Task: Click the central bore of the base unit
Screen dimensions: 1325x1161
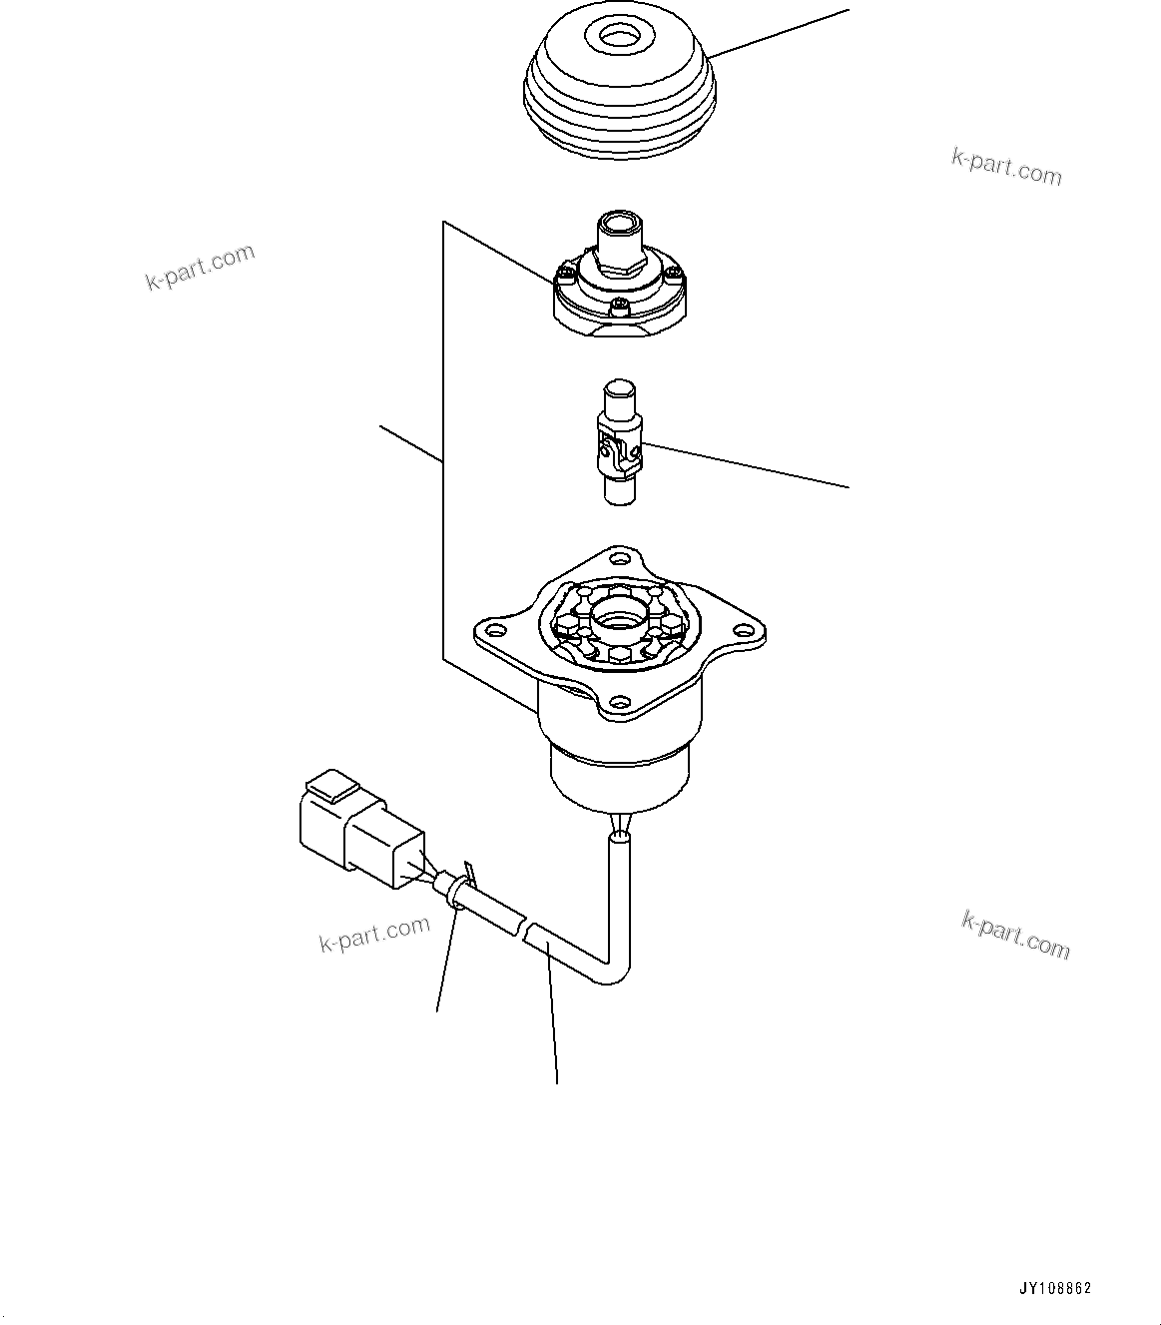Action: [x=620, y=620]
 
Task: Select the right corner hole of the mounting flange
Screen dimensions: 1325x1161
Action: [x=743, y=631]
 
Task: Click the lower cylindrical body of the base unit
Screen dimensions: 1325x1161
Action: [x=620, y=779]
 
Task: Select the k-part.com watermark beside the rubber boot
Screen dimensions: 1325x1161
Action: [x=1005, y=167]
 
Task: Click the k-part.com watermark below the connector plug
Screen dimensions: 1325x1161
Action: [x=374, y=936]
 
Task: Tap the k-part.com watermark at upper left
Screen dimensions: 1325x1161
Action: [x=200, y=267]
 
